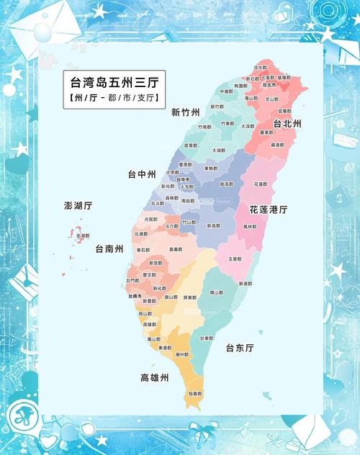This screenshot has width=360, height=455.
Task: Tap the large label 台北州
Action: coord(287,124)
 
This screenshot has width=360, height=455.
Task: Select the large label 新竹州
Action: coord(186,112)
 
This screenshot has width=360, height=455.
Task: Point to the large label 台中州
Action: coord(142,174)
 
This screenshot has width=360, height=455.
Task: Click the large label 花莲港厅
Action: coord(269,210)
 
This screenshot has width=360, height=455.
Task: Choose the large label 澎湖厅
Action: coord(78,205)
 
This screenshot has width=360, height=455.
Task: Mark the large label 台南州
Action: coord(109,249)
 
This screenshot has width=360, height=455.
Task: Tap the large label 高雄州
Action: coord(154,377)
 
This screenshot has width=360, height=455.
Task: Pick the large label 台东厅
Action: coord(240,348)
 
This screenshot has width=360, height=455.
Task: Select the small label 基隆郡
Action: coord(285,77)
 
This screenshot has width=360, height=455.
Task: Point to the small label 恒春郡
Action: coord(194,394)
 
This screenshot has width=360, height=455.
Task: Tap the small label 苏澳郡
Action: coord(277,145)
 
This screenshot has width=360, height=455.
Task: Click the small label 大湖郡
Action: coord(219,150)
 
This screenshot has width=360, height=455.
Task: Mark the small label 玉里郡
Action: coord(234,259)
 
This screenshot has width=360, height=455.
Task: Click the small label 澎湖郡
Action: coord(83,235)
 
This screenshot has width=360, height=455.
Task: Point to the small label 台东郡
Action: coord(206,338)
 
